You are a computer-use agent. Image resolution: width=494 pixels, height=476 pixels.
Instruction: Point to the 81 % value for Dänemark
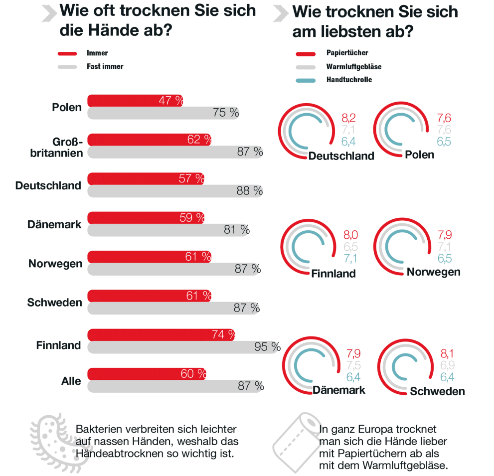coord(237,230)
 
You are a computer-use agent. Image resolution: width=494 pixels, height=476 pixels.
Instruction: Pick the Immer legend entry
coord(97,53)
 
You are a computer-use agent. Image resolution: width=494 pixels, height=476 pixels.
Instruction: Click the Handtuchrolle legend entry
coord(349,80)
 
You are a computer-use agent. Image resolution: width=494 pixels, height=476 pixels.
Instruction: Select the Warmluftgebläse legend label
coord(354,66)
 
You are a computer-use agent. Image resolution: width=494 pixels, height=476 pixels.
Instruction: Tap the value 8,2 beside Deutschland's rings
coord(348,118)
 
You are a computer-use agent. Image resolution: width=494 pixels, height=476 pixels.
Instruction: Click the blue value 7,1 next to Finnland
coord(350,258)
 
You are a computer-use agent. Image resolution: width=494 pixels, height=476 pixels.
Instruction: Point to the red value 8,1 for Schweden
coord(447,354)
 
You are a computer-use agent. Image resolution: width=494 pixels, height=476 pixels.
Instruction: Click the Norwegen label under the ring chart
coord(433,272)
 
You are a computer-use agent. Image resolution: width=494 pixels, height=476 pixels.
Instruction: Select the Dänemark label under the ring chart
coord(339,390)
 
